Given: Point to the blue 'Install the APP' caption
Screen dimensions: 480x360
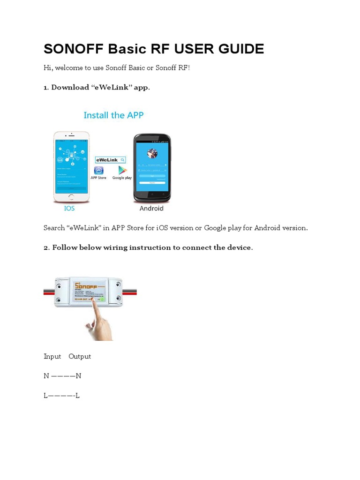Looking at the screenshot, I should (x=113, y=115).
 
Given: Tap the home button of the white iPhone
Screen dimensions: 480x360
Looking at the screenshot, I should (x=71, y=197).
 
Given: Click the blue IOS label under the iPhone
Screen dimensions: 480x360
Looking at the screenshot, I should (x=69, y=208).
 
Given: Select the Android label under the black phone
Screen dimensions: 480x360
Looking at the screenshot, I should (x=151, y=208).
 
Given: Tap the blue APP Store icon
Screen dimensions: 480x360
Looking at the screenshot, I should (x=99, y=170).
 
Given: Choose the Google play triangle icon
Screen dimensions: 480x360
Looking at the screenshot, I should (x=122, y=170).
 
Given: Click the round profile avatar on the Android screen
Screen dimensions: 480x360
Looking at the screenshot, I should (x=152, y=153).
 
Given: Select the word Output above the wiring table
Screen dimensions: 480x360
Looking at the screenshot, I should (x=80, y=356).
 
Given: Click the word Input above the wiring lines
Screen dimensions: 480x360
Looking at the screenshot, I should (x=52, y=356).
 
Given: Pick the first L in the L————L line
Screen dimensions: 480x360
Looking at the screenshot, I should (x=46, y=396).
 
